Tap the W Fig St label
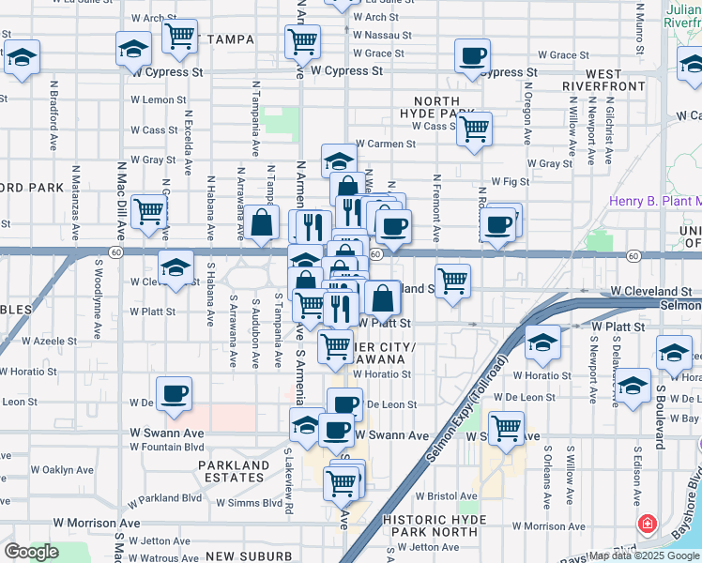pyautogui.click(x=511, y=182)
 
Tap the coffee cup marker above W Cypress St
pyautogui.click(x=472, y=55)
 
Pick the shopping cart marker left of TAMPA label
pyautogui.click(x=179, y=37)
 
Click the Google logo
pyautogui.click(x=32, y=552)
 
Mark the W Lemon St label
pyautogui.click(x=153, y=99)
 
